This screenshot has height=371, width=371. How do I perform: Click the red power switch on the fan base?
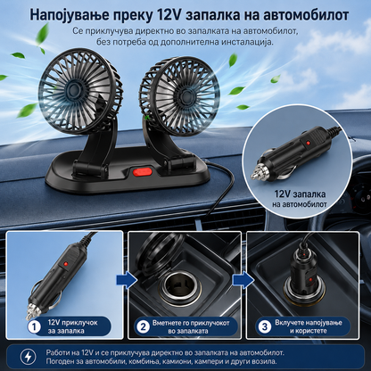click(x=143, y=172)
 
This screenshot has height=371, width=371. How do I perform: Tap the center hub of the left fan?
click(x=73, y=88)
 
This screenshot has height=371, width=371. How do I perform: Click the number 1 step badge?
click(x=35, y=327)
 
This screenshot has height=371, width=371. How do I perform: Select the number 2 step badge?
click(x=143, y=327)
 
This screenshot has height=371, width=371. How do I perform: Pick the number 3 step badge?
click(x=265, y=326)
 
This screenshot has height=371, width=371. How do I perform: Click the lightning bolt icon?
click(x=29, y=357)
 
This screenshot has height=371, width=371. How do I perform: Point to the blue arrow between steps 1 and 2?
click(x=127, y=280)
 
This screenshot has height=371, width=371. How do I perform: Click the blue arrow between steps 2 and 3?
click(x=243, y=280)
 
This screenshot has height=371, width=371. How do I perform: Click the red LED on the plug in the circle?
click(x=308, y=144)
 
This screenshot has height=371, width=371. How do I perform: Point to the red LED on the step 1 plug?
click(x=66, y=264)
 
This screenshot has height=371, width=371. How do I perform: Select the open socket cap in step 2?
click(x=159, y=251)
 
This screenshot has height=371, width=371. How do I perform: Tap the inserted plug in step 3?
click(x=303, y=275)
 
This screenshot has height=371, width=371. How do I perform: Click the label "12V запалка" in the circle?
click(x=300, y=194)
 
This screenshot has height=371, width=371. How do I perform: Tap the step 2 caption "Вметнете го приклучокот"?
click(x=191, y=323)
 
